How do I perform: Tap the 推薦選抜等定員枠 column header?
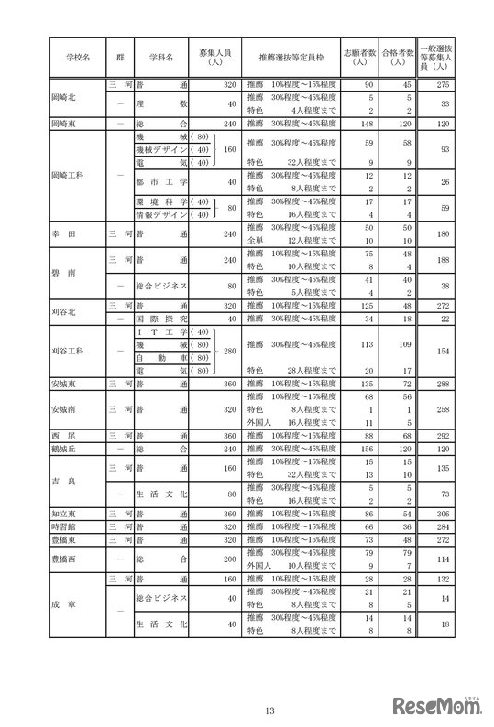[290, 56]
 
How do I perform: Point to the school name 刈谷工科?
[70, 351]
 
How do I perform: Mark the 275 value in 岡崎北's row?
[444, 84]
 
